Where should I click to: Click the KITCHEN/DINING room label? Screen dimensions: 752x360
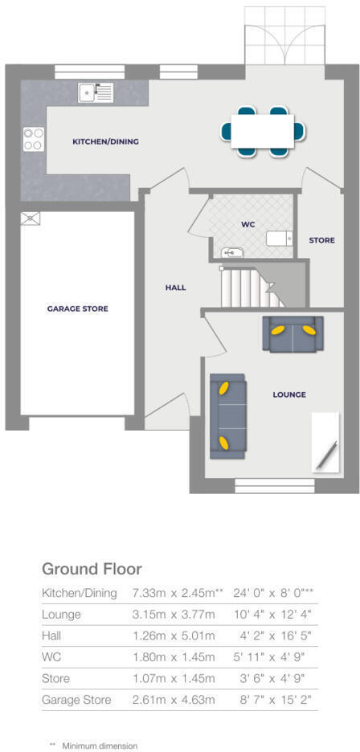coord(105,141)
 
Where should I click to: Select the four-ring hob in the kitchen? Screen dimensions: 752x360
coord(33,140)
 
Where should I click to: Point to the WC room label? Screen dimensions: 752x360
coord(247,224)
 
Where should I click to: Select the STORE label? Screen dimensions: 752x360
coord(321,240)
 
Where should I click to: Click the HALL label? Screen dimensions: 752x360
coord(175,287)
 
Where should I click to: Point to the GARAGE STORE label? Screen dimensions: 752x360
coord(77,309)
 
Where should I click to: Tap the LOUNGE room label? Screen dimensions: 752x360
coord(289,394)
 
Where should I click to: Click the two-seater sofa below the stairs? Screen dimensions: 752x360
coord(292,333)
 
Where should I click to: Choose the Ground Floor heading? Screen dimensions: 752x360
coord(92,569)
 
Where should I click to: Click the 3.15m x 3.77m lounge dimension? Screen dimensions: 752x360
coord(174,615)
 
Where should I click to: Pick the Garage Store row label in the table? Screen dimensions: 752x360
coord(76,700)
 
